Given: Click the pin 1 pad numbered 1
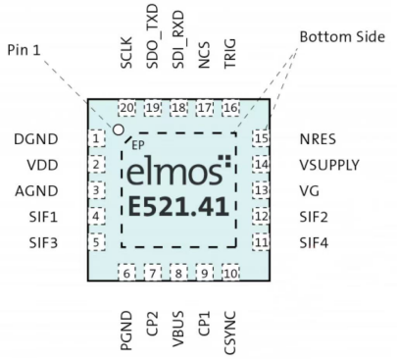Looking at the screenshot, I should pyautogui.click(x=97, y=138).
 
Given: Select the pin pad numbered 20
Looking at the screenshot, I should pyautogui.click(x=126, y=108).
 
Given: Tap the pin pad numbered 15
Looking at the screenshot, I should pyautogui.click(x=260, y=138).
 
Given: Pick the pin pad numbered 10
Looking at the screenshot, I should pyautogui.click(x=230, y=273).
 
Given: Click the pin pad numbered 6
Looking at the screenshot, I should pyautogui.click(x=127, y=273).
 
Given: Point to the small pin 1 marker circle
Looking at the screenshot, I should pyautogui.click(x=119, y=129).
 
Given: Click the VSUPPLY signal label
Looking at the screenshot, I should pyautogui.click(x=329, y=165).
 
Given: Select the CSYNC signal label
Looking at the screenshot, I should pyautogui.click(x=230, y=315).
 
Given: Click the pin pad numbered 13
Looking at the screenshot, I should pyautogui.click(x=260, y=190).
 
